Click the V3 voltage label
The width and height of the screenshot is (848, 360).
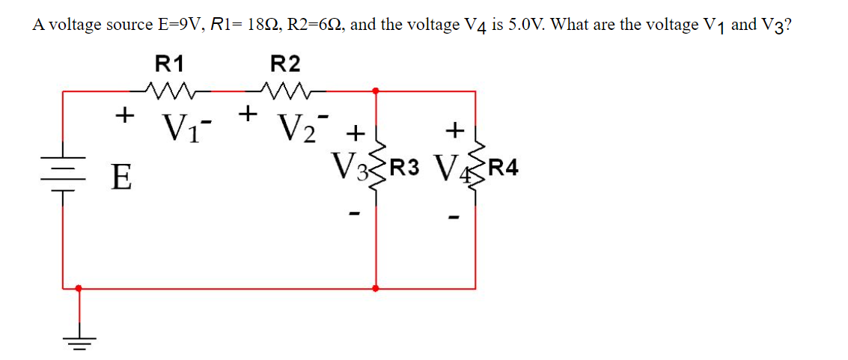[348, 166]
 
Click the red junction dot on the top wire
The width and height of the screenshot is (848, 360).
[376, 91]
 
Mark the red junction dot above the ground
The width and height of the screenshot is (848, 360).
[79, 287]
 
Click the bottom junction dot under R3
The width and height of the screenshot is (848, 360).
[376, 287]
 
